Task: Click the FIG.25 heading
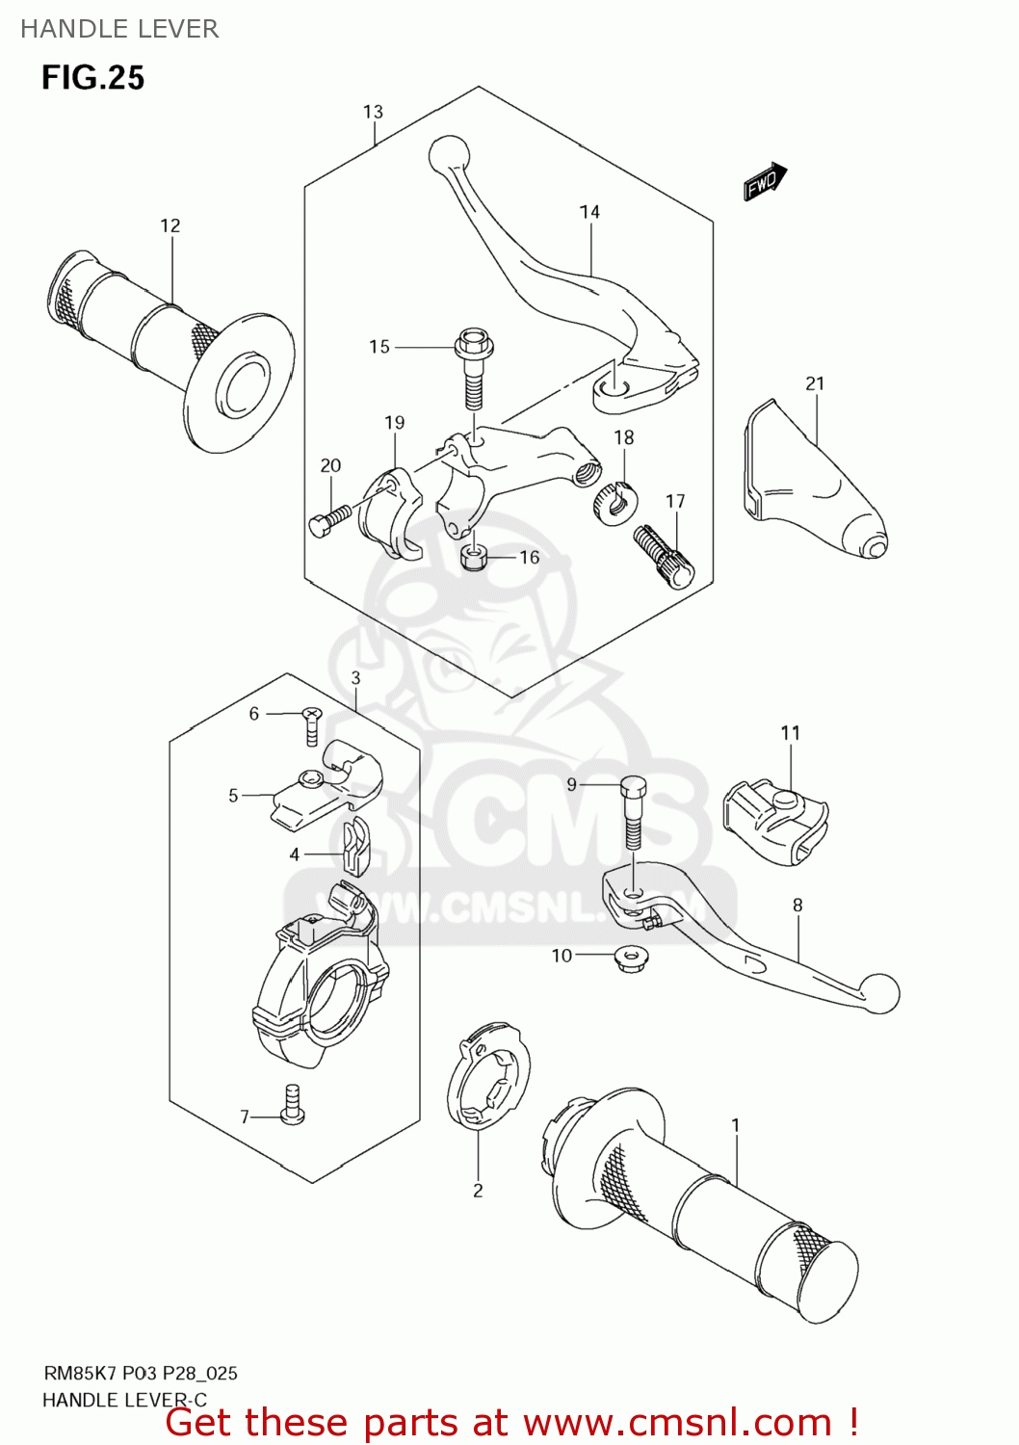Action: click(x=92, y=78)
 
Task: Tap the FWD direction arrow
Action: click(x=765, y=181)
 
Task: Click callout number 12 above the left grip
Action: click(x=170, y=225)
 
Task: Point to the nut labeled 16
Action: click(x=473, y=557)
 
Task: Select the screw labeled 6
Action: click(x=312, y=723)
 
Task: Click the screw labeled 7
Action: click(x=293, y=1105)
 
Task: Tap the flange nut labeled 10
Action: click(x=632, y=958)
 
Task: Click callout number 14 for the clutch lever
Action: click(x=589, y=212)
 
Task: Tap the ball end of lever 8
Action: click(x=880, y=993)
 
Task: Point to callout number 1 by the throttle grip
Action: click(x=736, y=1124)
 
